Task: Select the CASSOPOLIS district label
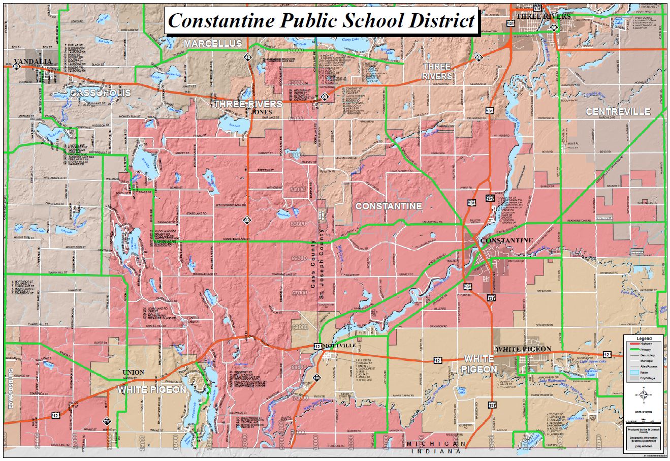(x=100, y=93)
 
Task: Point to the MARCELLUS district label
(x=213, y=44)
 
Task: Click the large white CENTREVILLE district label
(x=618, y=111)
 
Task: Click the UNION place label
(x=134, y=373)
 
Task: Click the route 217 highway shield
(x=107, y=421)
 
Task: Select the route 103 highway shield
(x=317, y=378)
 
